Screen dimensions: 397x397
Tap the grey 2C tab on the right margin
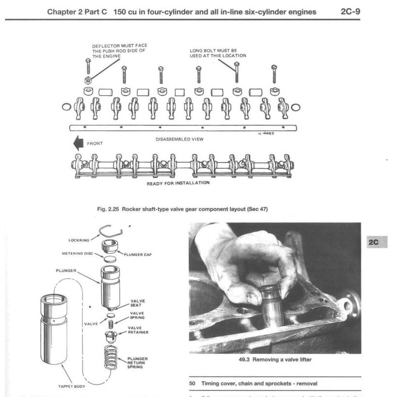coord(374,241)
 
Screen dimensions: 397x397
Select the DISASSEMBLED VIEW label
coord(179,139)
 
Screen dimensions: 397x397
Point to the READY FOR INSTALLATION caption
coord(178,183)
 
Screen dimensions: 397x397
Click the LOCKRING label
coord(79,240)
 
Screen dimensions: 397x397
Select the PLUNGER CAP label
coord(138,254)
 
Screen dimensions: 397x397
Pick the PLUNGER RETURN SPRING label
coord(138,363)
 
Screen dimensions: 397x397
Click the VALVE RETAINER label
coord(138,330)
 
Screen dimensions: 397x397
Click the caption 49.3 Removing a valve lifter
coord(274,360)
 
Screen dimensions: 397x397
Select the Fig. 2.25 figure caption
coord(182,209)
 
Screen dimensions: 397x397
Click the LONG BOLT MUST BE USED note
coord(218,53)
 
